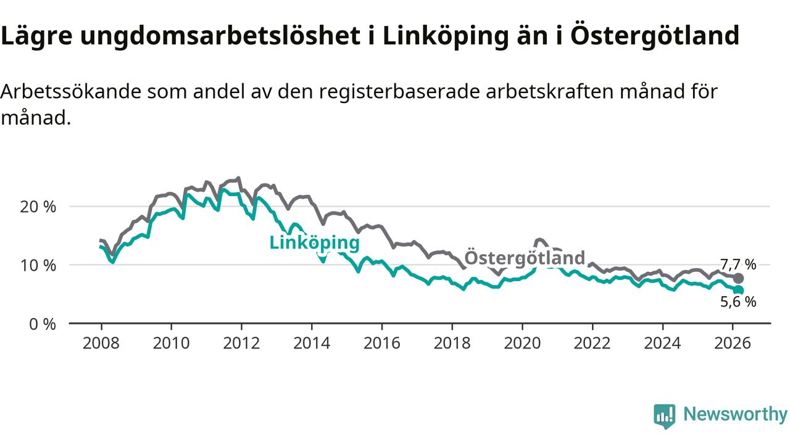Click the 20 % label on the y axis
(x=39, y=207)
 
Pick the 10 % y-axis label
(x=39, y=265)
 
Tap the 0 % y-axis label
(x=43, y=324)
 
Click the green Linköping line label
(x=314, y=242)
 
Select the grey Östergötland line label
(x=524, y=258)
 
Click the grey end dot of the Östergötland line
(x=738, y=278)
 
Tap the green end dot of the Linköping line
(x=738, y=290)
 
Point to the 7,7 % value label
(x=738, y=265)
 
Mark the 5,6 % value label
(x=738, y=302)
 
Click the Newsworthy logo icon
(x=665, y=416)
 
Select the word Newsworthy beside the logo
(x=735, y=414)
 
